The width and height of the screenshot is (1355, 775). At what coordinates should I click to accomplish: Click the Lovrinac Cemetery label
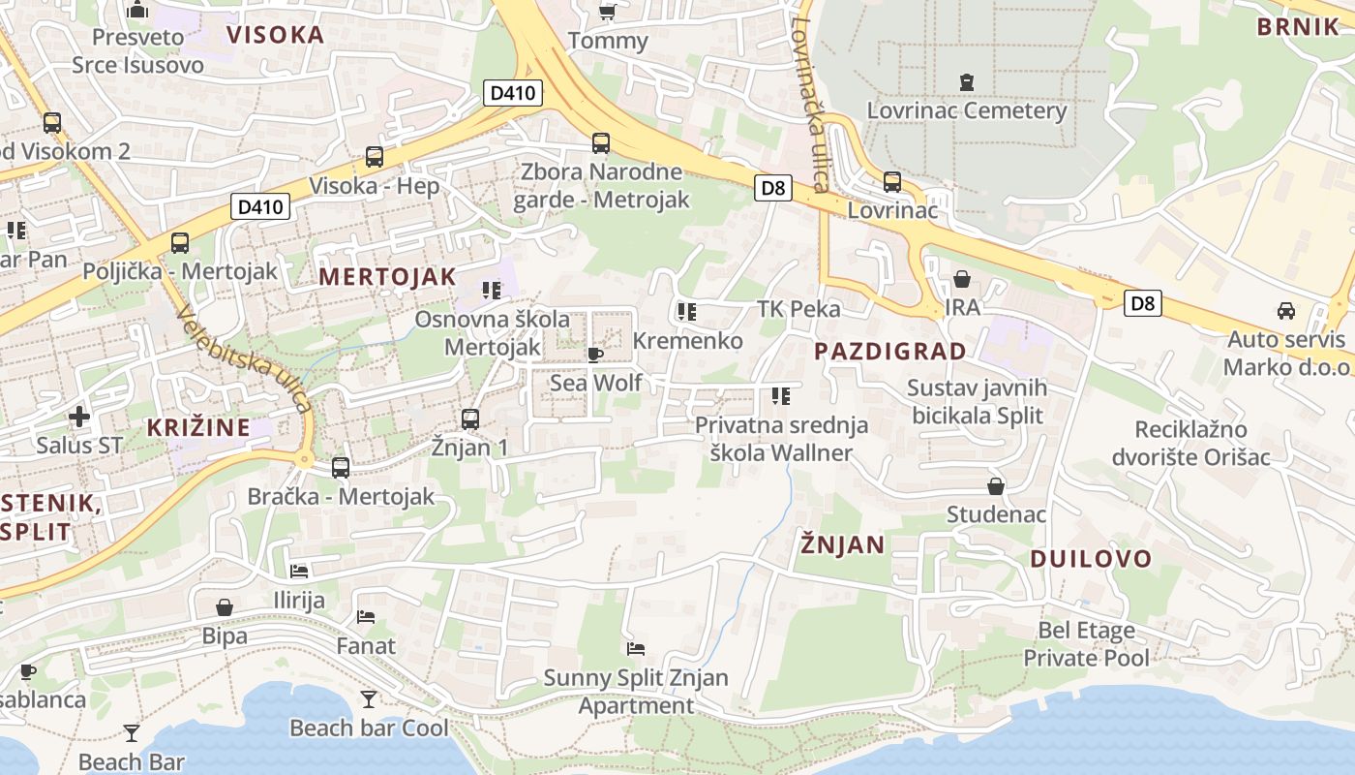(966, 109)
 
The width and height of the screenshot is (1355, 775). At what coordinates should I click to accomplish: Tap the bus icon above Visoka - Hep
(374, 156)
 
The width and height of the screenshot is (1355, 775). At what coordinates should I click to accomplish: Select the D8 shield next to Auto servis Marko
(1143, 303)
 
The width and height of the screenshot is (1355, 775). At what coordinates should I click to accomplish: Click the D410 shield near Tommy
(512, 93)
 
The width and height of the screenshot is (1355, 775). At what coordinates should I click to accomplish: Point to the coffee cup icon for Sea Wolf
(595, 355)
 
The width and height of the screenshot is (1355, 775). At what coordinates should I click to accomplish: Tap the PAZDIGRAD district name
(890, 351)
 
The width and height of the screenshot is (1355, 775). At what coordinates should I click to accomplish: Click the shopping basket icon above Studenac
(995, 485)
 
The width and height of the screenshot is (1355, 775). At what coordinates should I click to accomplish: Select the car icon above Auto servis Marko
(1285, 311)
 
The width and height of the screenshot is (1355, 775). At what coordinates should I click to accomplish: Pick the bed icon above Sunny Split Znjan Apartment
(636, 648)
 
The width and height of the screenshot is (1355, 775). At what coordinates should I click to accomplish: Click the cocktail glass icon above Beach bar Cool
(368, 698)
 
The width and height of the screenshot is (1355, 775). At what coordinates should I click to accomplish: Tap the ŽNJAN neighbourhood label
(842, 544)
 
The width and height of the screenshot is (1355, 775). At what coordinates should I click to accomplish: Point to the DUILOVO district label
(1091, 558)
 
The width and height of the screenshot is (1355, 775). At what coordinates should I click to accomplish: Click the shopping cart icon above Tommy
(607, 12)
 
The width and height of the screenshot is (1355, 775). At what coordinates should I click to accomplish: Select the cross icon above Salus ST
(79, 417)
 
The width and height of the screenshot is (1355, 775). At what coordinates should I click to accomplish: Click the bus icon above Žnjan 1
(470, 419)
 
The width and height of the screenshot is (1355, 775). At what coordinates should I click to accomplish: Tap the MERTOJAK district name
(387, 276)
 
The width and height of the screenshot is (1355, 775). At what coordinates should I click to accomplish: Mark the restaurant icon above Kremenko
(687, 312)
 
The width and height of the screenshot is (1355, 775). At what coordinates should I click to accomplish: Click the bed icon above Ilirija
(299, 571)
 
